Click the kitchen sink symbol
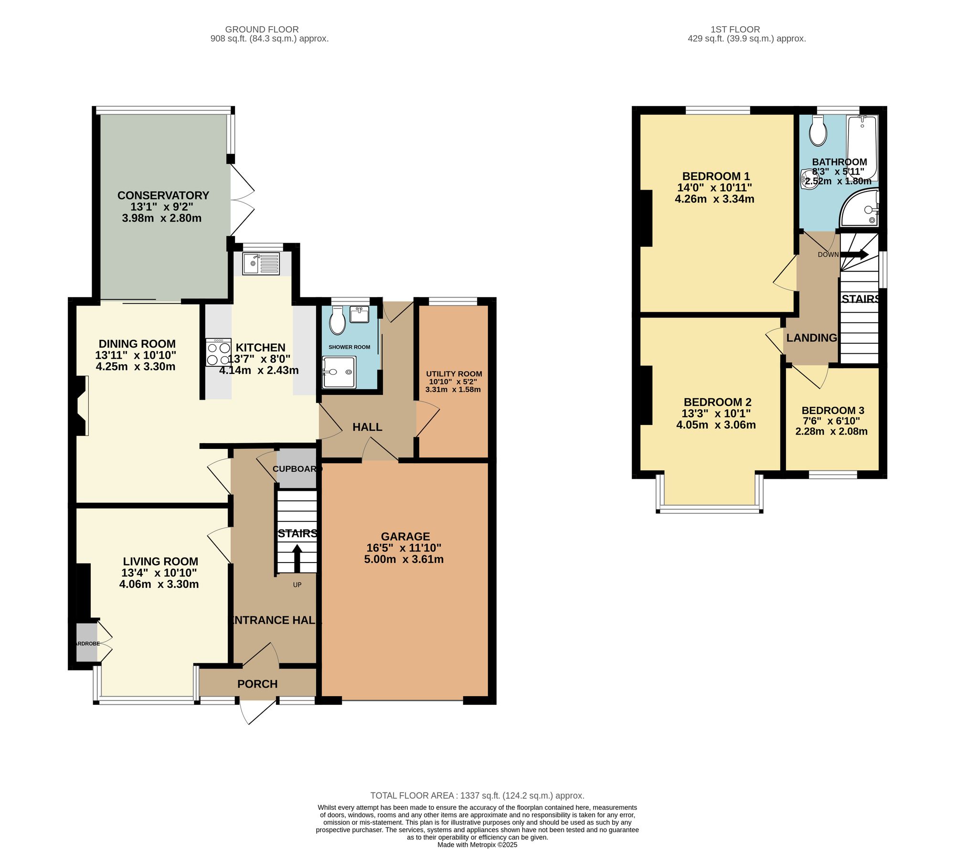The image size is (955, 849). (261, 264)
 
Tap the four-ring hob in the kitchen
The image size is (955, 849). (218, 353)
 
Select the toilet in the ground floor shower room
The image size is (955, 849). (338, 320)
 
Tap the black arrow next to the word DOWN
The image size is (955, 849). (855, 255)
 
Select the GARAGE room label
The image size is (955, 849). (405, 536)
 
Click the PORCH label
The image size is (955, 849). (257, 684)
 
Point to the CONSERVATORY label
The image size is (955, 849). (163, 195)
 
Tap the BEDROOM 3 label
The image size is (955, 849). (833, 410)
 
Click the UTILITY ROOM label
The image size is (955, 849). (454, 374)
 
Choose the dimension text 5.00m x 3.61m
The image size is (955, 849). (404, 559)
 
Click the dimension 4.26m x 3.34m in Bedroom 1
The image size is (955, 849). (714, 199)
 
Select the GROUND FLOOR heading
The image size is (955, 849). (262, 30)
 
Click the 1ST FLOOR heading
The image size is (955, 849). (735, 30)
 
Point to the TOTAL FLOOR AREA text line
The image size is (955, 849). (477, 796)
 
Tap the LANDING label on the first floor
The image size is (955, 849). (811, 338)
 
